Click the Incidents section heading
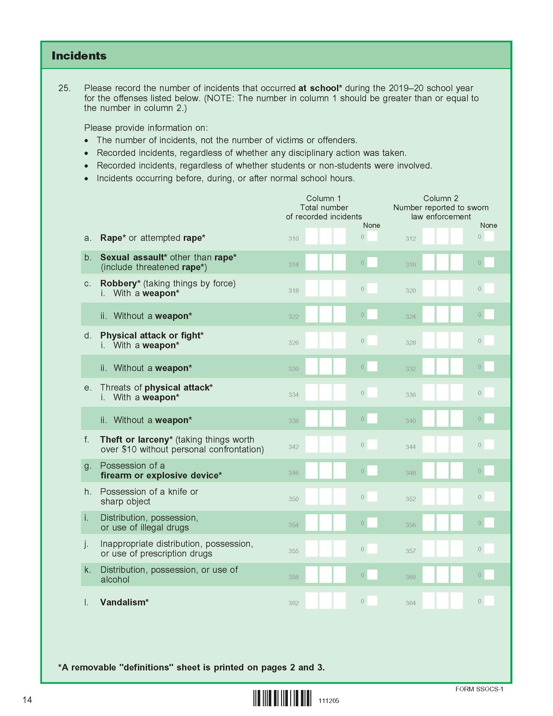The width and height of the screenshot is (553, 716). [x=79, y=56]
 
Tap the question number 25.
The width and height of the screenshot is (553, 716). [x=64, y=88]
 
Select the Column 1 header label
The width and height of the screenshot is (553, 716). [x=323, y=198]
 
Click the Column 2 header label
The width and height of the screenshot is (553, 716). [x=441, y=198]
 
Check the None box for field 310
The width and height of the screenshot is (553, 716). [x=372, y=236]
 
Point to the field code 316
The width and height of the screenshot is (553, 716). [x=411, y=265]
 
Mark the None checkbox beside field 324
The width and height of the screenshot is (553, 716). [x=489, y=314]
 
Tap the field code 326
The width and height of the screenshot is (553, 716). [x=293, y=343]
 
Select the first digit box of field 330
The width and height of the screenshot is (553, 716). [x=312, y=366]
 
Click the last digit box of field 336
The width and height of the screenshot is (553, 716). [x=456, y=392]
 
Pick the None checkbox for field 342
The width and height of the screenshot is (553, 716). [x=372, y=445]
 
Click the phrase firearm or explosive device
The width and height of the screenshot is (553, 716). [x=161, y=475]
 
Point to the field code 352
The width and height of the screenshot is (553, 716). [x=411, y=499]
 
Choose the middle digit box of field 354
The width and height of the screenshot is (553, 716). [x=326, y=523]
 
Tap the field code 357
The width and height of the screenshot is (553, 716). [x=411, y=551]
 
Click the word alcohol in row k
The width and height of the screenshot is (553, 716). [x=115, y=580]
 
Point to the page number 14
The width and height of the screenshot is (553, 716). [x=27, y=700]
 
